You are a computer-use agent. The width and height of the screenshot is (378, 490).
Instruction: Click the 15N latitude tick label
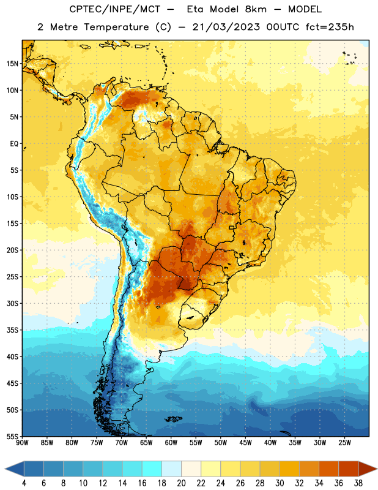pyautogui.click(x=12, y=64)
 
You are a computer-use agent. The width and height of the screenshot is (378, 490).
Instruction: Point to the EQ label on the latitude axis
pyautogui.click(x=14, y=144)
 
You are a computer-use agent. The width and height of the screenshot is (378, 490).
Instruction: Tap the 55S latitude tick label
pyautogui.click(x=12, y=437)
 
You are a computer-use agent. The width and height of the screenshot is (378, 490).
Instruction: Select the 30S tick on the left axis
pyautogui.click(x=12, y=303)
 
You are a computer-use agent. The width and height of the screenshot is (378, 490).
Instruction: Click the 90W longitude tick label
pyautogui.click(x=22, y=443)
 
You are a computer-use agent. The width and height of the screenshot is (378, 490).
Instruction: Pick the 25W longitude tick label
pyautogui.click(x=344, y=443)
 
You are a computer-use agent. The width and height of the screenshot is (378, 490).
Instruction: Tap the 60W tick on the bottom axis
pyautogui.click(x=171, y=443)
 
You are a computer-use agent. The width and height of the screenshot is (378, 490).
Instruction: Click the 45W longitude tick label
pyautogui.click(x=245, y=443)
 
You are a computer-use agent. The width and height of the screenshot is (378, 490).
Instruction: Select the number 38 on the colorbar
pyautogui.click(x=358, y=483)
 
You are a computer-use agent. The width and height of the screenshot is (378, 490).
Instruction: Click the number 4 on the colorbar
pyautogui.click(x=24, y=483)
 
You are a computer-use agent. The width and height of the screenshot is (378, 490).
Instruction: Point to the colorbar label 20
pyautogui.click(x=181, y=483)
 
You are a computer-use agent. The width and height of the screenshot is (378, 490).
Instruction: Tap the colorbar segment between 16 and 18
pyautogui.click(x=152, y=469)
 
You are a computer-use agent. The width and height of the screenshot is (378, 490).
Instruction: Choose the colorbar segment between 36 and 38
pyautogui.click(x=349, y=469)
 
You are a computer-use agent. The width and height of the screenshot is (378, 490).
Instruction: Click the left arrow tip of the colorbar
pyautogui.click(x=5, y=469)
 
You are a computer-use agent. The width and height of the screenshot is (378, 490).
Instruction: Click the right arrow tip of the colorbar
pyautogui.click(x=377, y=469)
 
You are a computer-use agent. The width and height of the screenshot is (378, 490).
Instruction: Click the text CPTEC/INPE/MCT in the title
pyautogui.click(x=114, y=9)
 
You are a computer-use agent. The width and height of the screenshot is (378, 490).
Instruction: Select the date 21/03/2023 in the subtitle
pyautogui.click(x=226, y=27)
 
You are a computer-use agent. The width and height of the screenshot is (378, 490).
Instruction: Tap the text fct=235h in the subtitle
pyautogui.click(x=330, y=27)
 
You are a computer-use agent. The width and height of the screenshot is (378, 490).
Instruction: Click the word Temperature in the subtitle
pyautogui.click(x=116, y=27)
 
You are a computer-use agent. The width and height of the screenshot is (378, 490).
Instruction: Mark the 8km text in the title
pyautogui.click(x=256, y=9)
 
